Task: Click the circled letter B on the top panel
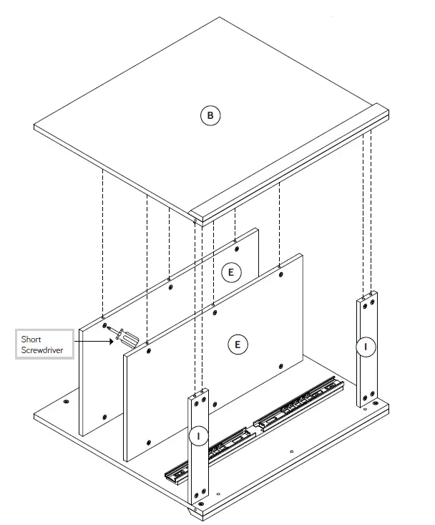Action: coord(210,115)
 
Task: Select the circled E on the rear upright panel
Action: coord(230,272)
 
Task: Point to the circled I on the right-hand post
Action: coord(366,347)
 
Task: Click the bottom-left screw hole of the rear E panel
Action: coord(104,417)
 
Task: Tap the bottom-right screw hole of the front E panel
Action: coord(280,366)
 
